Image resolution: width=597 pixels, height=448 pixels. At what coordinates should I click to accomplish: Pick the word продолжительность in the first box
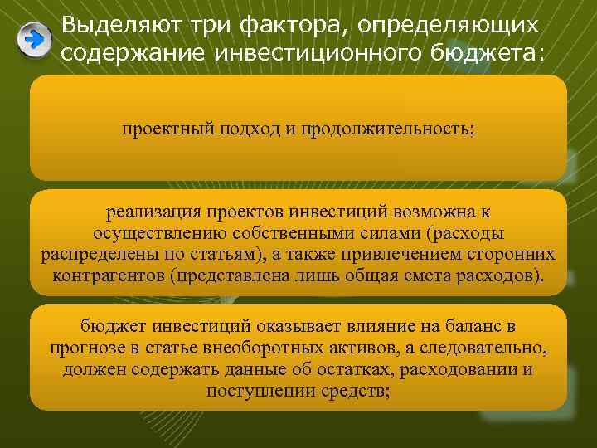point(387,129)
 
